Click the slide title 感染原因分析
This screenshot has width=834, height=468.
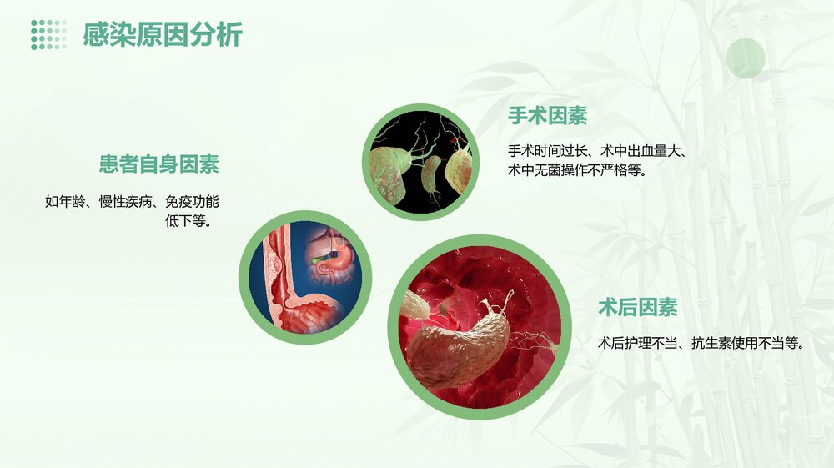[x=163, y=35]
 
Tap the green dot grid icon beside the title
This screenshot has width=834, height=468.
[x=48, y=35]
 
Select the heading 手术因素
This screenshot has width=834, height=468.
[x=547, y=117]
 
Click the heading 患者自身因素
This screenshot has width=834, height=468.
[x=159, y=164]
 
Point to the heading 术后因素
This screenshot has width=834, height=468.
[x=637, y=308]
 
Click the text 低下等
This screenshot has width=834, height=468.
[x=188, y=221]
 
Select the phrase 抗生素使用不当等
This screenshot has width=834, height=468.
[x=747, y=343]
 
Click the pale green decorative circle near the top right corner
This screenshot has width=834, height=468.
[x=745, y=58]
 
